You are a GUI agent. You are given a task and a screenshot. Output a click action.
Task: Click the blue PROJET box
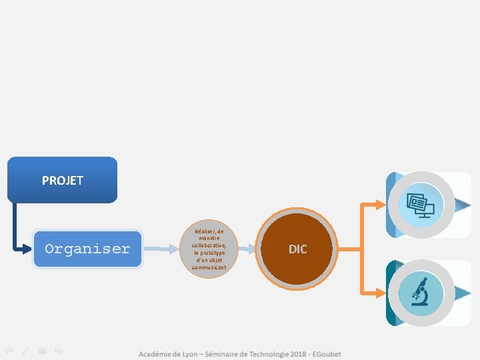[x=62, y=180]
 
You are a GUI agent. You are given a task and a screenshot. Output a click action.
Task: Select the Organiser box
[x=87, y=249]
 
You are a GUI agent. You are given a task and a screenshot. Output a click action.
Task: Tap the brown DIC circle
[x=297, y=249]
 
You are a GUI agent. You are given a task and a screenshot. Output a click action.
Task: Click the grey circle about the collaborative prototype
[x=209, y=249]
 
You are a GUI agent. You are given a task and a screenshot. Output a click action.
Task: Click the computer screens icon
[x=421, y=205]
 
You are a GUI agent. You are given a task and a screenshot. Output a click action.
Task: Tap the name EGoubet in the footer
[x=326, y=354]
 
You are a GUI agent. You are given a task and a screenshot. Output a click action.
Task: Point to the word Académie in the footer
[x=157, y=354]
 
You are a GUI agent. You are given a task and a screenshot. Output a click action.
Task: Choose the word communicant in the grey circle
[x=209, y=267]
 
